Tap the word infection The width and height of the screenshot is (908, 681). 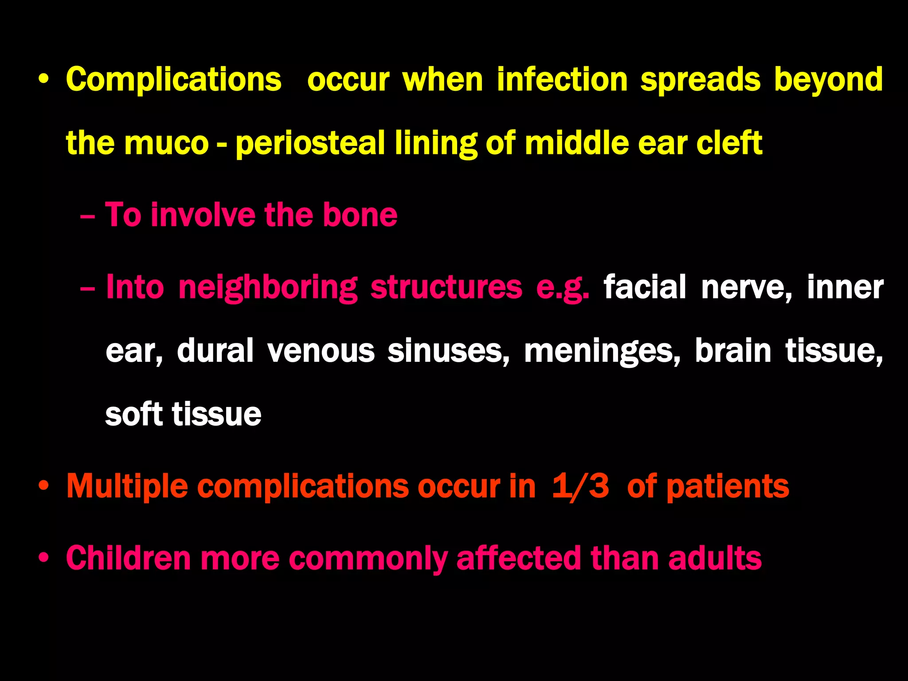(562, 80)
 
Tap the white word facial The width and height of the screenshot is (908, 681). (644, 287)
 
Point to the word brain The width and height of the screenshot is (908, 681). (733, 351)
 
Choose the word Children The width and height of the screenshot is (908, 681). (128, 558)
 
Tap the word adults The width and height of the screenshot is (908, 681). (715, 558)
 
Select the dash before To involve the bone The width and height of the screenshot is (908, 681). (87, 216)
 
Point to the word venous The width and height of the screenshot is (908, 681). (321, 351)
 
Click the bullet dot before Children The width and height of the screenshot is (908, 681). (43, 558)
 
